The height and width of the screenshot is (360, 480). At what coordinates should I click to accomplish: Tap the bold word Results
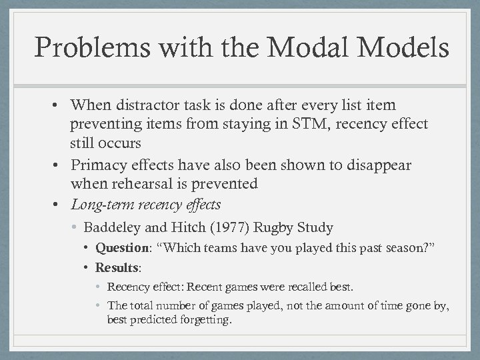116,268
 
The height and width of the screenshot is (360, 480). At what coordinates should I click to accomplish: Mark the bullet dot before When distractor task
60,105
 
